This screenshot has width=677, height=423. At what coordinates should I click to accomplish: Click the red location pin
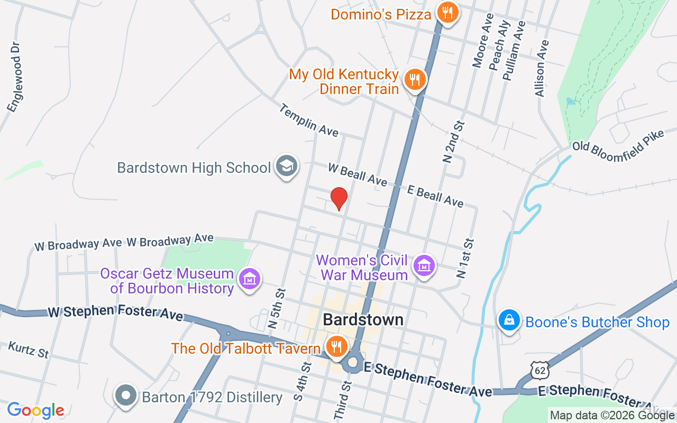338,199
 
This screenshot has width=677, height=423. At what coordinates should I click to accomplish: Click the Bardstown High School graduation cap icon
287,166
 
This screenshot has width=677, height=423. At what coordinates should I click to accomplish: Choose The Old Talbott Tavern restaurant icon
335,347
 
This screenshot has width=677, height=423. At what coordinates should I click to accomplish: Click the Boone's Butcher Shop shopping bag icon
509,320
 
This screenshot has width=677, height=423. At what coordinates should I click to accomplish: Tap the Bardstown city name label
363,319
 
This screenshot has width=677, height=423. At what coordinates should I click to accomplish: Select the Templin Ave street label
308,120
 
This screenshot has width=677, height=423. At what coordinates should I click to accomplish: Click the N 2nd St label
453,141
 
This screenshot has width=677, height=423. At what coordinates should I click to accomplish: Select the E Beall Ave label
435,196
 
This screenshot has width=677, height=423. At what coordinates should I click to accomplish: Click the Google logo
36,410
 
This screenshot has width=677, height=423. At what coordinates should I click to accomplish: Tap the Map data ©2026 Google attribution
612,416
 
